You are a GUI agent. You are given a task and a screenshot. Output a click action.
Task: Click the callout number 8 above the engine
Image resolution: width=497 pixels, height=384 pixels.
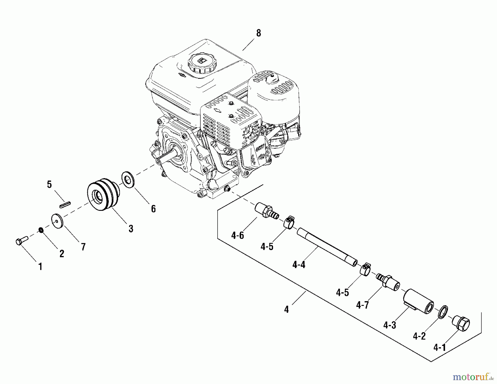258,33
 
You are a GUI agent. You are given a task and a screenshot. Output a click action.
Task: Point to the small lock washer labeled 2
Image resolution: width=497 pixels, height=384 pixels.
41,230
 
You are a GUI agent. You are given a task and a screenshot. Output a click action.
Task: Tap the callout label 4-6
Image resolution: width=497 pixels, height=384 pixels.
238,235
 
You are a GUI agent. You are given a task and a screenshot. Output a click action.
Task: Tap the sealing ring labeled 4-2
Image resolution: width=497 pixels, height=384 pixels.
443,312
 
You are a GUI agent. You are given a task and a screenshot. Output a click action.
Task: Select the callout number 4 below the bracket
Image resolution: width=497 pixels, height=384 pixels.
286,309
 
